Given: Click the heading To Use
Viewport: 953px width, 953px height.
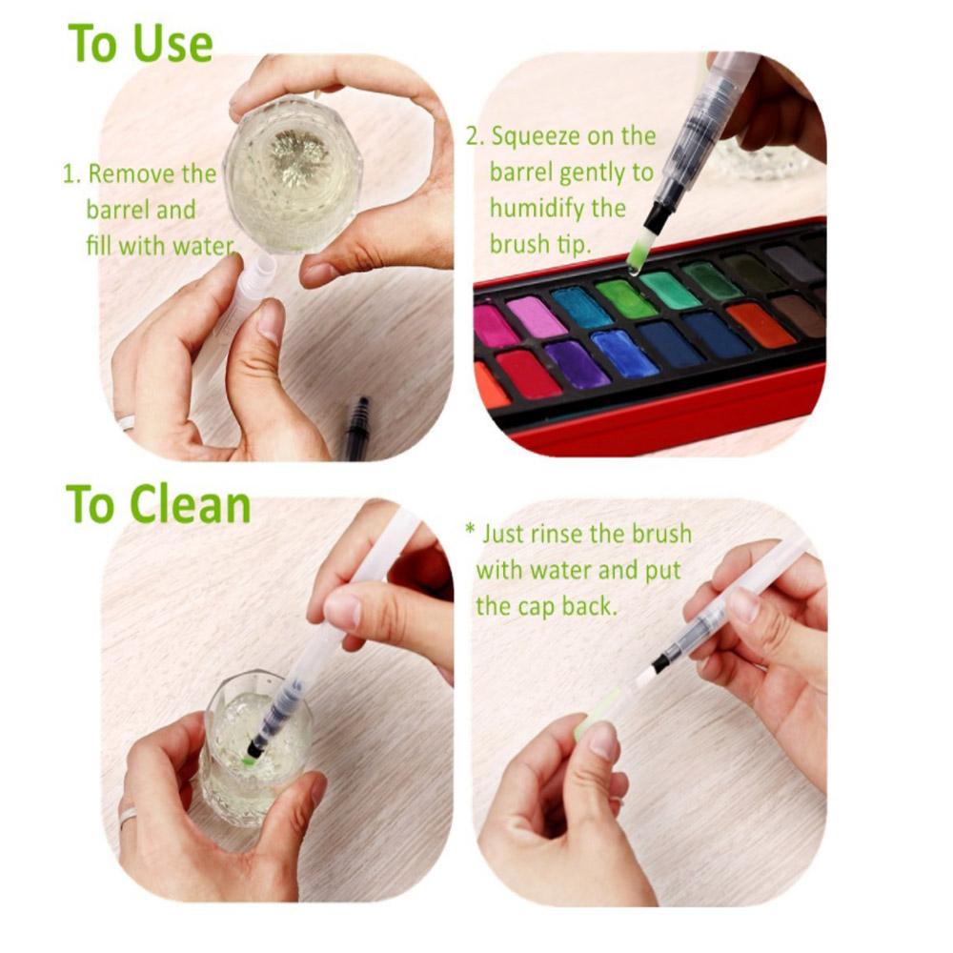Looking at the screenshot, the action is pos(140,44).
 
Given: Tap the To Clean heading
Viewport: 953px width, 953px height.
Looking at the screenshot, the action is pos(158,504).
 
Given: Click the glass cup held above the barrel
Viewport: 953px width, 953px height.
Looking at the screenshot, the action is pos(293,173).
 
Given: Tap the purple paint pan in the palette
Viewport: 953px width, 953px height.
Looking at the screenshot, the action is pos(577,364).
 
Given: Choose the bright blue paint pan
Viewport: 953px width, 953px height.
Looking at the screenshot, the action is pos(624,353).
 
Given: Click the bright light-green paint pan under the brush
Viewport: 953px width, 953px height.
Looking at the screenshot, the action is pos(626,298).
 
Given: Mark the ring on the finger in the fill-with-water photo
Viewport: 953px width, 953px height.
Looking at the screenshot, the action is pos(126,421).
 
